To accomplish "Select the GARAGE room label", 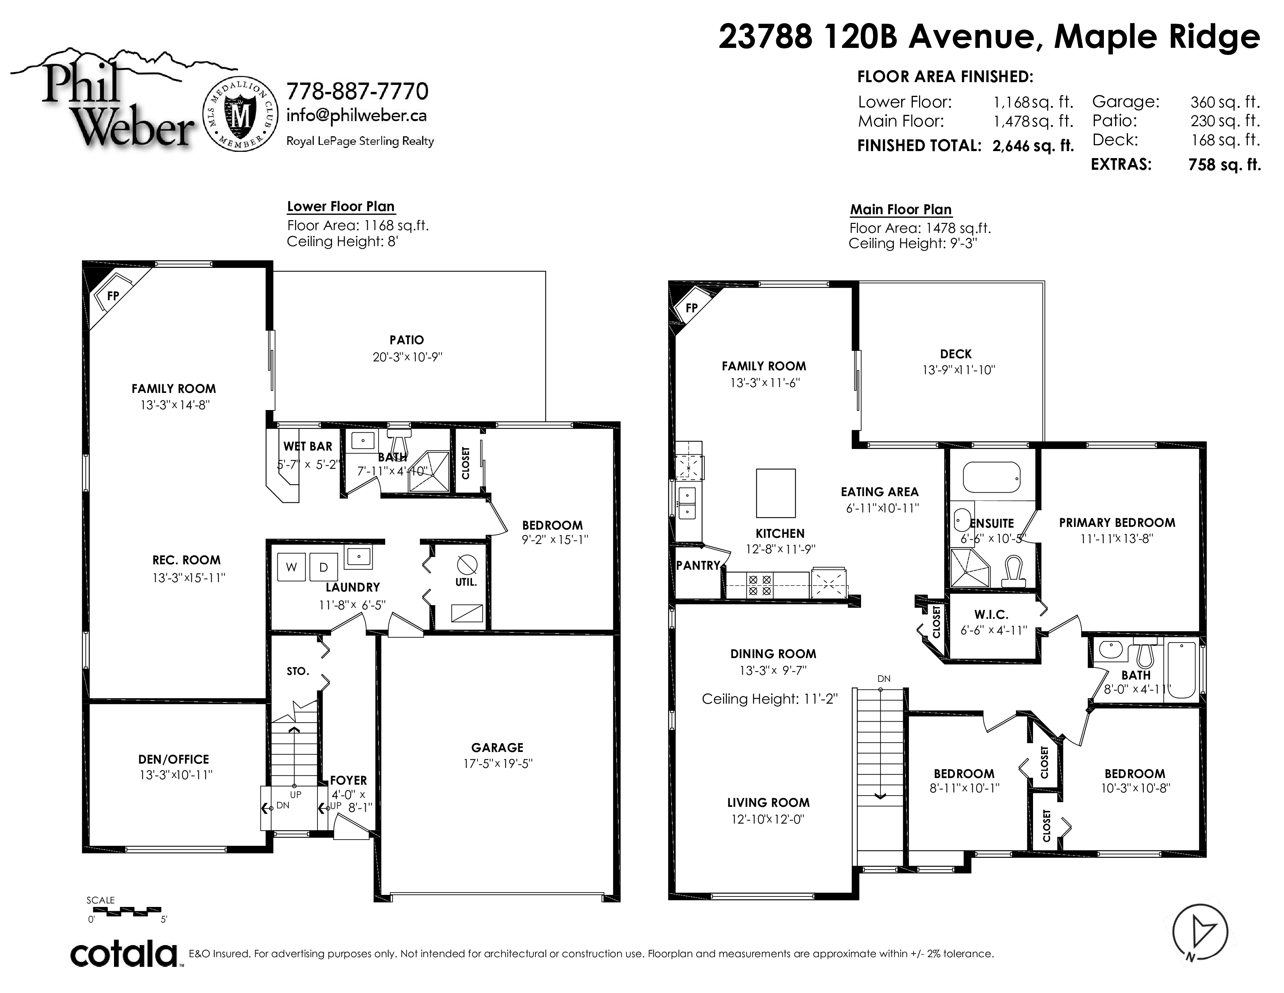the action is [497, 748].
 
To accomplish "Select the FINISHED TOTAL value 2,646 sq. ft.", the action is [1033, 146].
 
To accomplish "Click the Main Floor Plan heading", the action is [901, 210].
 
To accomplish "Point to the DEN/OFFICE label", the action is [174, 759].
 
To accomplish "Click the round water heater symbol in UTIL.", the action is [467, 565].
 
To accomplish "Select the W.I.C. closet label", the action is [991, 615].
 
